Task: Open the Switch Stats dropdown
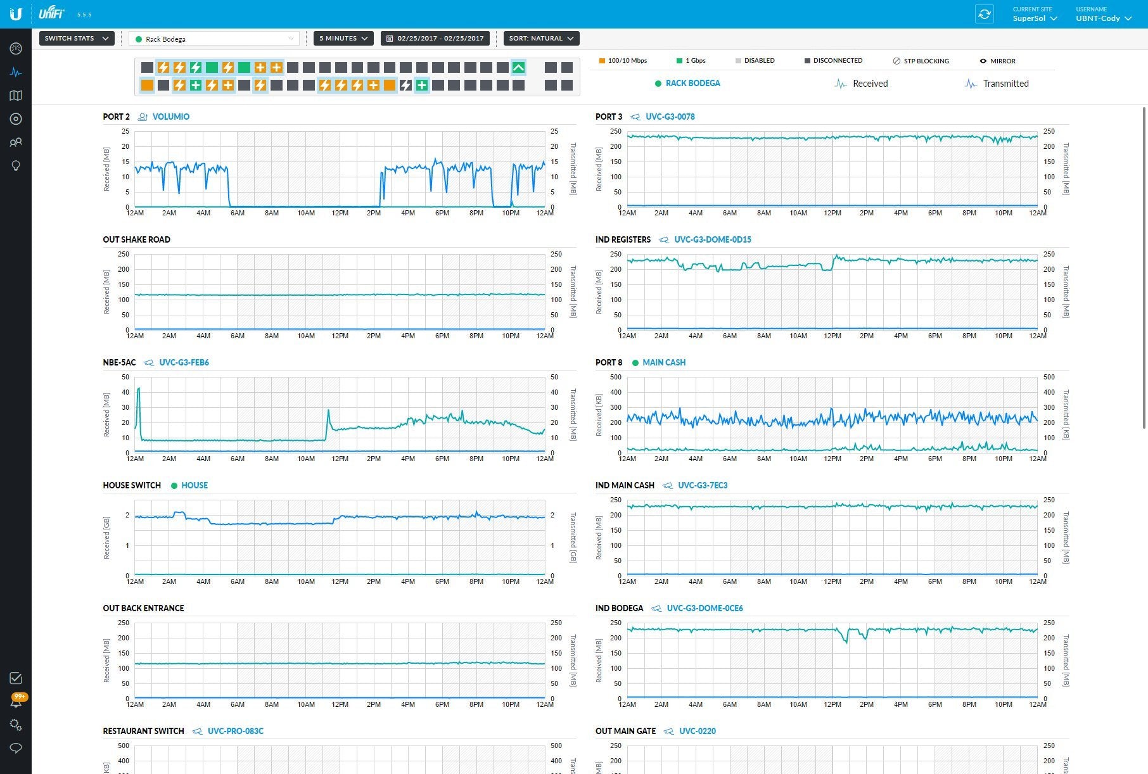77,39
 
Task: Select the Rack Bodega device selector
214,39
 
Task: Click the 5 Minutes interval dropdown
343,39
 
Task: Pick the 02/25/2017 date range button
435,39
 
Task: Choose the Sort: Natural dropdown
541,39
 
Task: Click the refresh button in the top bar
984,14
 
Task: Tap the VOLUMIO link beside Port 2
170,117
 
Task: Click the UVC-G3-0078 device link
670,117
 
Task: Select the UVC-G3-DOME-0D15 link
712,239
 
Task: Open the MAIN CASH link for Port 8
663,362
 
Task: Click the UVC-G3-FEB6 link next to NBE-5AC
184,362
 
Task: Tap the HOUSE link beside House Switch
194,485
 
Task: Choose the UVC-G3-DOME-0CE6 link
705,608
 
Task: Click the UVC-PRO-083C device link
235,731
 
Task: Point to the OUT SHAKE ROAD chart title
136,239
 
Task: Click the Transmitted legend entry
1005,84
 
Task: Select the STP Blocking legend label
926,61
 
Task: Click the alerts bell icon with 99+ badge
16,702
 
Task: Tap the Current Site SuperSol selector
1035,14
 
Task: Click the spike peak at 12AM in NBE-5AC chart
139,388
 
